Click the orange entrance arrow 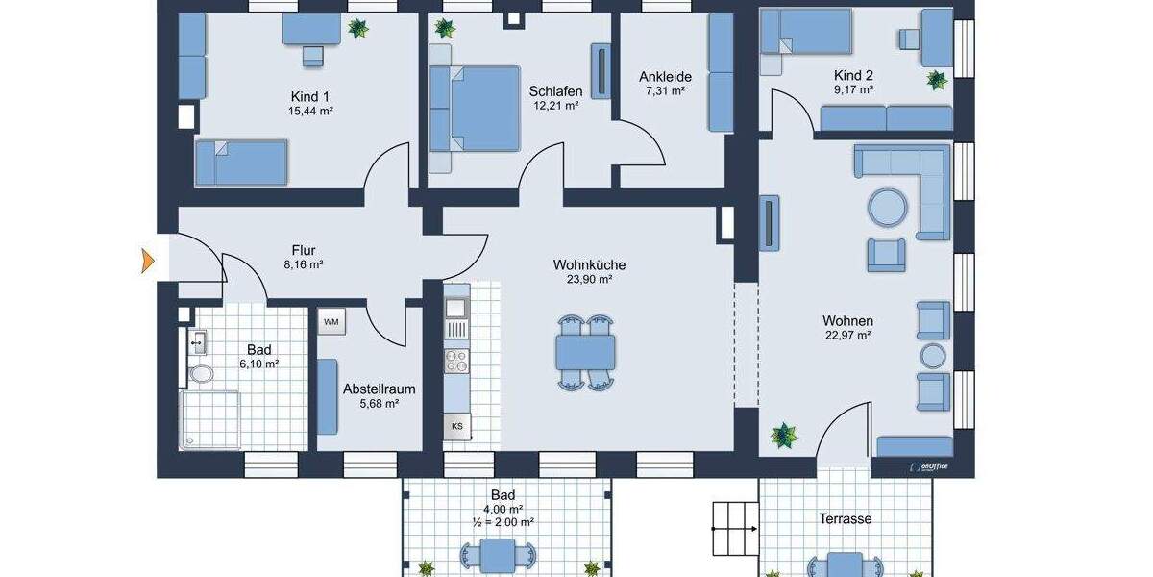coord(148,260)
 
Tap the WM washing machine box coord(331,321)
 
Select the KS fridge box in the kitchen coord(457,426)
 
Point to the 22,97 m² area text coord(846,336)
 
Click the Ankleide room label coord(664,76)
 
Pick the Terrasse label coord(846,518)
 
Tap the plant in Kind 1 coord(358,28)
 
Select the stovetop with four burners coord(455,362)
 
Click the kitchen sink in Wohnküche coord(455,308)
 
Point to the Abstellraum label coord(379,389)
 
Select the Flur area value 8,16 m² coord(303,263)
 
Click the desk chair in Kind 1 coord(312,56)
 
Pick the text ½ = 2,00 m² coord(503,522)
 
